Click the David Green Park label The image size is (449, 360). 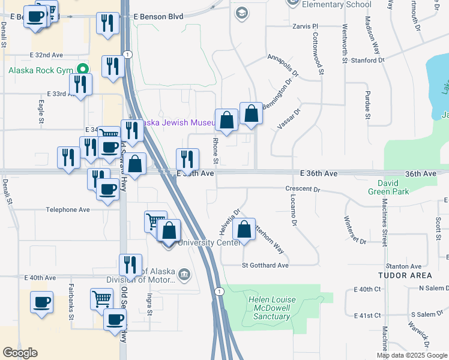coord(393,187)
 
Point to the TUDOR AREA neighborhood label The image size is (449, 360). coord(405,275)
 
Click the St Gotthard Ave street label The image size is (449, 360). coord(265,265)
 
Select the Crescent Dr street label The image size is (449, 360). coord(303,189)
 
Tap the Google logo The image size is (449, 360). coord(20,353)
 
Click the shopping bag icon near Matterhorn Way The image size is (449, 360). coord(244,229)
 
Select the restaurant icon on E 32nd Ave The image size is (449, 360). coord(112,65)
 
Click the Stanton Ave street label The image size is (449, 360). coord(403,266)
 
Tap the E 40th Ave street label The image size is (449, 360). coord(40,278)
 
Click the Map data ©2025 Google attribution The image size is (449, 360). coord(411,355)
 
